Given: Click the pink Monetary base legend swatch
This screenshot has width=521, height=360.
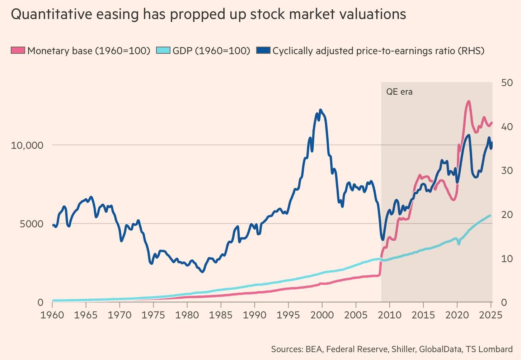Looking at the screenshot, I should (x=18, y=51).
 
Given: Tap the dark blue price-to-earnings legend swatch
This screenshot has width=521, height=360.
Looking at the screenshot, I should (x=263, y=51).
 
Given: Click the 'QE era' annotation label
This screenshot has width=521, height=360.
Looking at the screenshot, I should (x=399, y=92).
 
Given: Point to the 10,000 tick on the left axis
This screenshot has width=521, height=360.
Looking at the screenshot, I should (x=27, y=145).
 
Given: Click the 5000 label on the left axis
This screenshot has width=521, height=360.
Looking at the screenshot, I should (x=32, y=224).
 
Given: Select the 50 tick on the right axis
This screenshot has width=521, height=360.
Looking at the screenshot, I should (x=507, y=83).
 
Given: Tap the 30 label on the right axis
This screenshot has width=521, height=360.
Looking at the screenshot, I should (x=507, y=170).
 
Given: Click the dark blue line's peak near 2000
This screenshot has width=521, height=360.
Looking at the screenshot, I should (x=320, y=110).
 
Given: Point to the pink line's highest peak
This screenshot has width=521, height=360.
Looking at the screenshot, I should (x=468, y=102).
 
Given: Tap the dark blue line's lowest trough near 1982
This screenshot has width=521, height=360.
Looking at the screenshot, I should (x=202, y=271).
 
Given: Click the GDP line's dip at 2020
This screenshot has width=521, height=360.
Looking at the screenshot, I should (x=459, y=244).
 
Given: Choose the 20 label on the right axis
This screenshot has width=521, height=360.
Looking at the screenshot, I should (x=507, y=214).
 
